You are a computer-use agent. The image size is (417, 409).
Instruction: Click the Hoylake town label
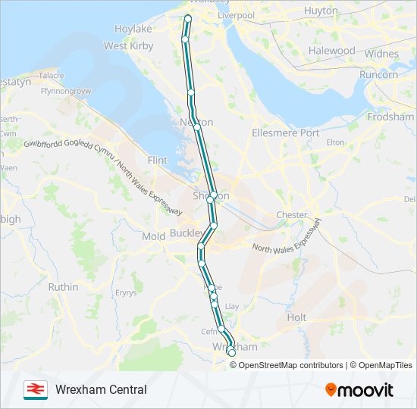133,29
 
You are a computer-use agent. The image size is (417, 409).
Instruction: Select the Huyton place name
321,11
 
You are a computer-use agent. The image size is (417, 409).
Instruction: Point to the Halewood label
331,51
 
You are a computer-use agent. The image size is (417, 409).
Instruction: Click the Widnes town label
381,55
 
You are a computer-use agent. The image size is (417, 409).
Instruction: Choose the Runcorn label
379,75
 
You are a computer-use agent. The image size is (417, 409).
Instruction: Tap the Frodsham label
390,117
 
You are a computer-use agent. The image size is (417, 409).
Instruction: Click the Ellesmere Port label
285,133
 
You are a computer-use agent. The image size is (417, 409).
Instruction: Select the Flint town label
158,161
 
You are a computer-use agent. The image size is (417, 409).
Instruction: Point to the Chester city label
292,215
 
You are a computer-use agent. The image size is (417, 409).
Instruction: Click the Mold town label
154,237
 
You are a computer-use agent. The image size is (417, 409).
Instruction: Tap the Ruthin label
63,288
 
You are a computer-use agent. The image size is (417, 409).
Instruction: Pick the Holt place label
296,318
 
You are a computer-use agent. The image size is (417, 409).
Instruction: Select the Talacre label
52,76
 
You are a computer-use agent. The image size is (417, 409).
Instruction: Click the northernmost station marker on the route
187,17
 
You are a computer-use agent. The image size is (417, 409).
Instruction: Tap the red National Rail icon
35,389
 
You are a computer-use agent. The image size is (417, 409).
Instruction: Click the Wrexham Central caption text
101,390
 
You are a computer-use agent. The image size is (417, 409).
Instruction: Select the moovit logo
359,390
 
